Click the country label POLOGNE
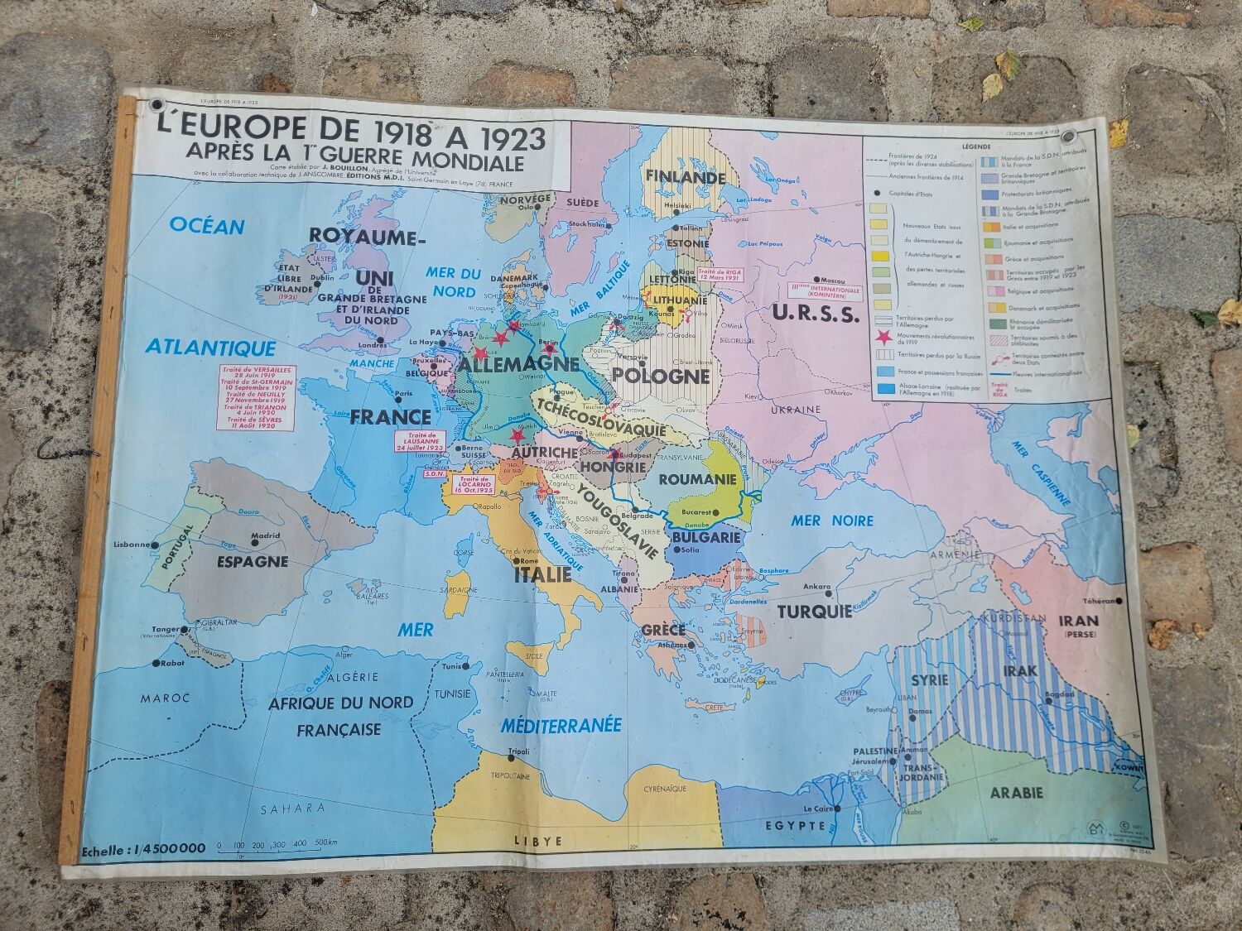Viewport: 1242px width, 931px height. point(660,377)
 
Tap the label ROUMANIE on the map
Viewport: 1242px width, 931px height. point(697,479)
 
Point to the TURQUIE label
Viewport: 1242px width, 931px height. point(814,612)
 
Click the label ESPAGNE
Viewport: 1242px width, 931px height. point(253,561)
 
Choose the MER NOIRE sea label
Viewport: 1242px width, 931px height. point(832,521)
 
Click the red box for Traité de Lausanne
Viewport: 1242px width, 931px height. point(421,441)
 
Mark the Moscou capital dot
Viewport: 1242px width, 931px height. point(817,280)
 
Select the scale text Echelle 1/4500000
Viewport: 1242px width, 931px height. point(143,848)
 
